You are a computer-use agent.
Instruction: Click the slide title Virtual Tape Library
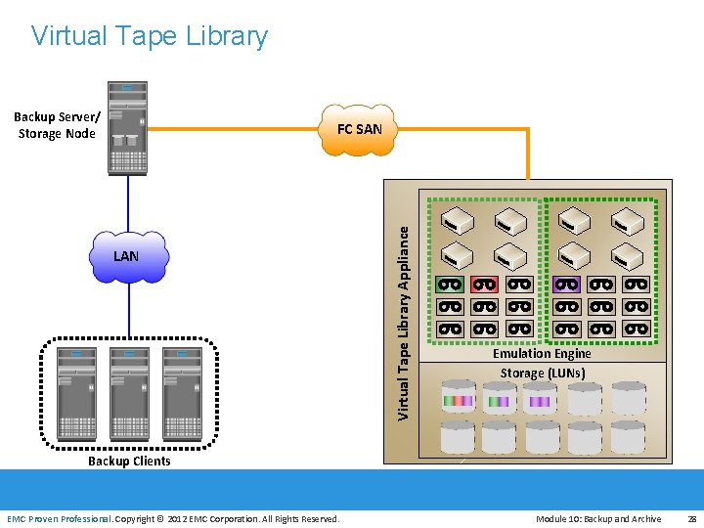tap(149, 36)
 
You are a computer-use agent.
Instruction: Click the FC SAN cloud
tap(359, 129)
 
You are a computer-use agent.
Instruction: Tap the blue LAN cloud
tap(126, 256)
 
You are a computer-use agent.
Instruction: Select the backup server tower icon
tap(127, 127)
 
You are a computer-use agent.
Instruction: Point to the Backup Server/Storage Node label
tap(57, 125)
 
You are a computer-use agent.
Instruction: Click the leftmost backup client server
tap(75, 392)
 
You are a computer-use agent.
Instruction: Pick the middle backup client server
tap(129, 392)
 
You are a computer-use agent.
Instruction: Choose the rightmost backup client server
tap(182, 392)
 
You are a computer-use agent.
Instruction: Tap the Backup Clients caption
tap(129, 462)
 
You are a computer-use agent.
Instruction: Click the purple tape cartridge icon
tap(567, 285)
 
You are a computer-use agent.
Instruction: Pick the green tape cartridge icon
tap(450, 285)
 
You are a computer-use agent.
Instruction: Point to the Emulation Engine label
tap(542, 354)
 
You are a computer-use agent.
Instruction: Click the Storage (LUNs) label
tap(542, 373)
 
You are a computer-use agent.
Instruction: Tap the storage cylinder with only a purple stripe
tap(540, 399)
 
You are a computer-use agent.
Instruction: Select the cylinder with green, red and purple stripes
tap(458, 399)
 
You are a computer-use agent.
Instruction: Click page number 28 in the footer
tap(691, 519)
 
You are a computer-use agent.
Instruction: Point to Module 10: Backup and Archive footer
tap(597, 519)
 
